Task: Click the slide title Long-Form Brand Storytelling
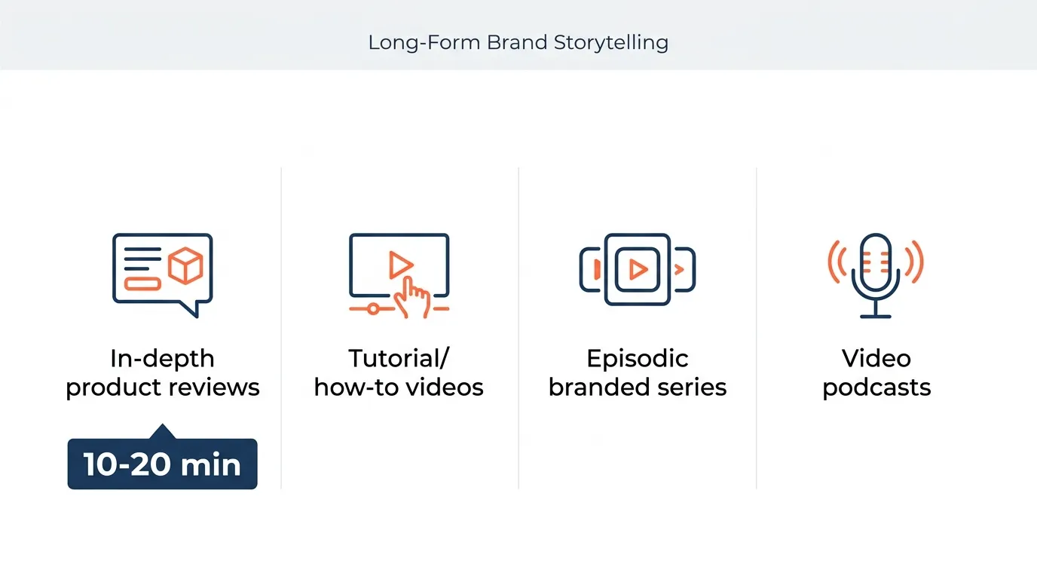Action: coord(518,42)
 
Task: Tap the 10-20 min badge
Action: coord(162,464)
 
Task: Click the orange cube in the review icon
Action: coord(185,266)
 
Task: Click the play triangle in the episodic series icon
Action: coord(638,269)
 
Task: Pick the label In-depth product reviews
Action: coord(162,372)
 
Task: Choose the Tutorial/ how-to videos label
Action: coord(399,372)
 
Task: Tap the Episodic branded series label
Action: coord(638,372)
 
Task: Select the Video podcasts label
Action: coord(876,372)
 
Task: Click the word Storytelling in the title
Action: coord(610,42)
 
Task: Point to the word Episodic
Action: coord(638,358)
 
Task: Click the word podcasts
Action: coord(876,388)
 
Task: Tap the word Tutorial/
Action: coord(399,358)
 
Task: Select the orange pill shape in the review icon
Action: coord(142,283)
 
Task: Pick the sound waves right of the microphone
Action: coord(915,262)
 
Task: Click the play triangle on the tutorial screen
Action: coord(400,265)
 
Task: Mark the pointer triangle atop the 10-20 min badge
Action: coord(162,432)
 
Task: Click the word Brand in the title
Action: coord(518,42)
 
